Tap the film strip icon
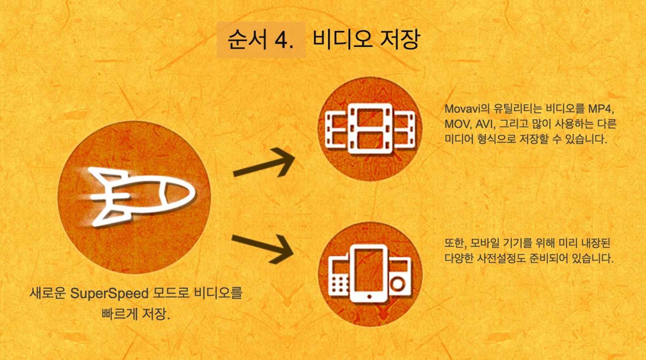[370, 128]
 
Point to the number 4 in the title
[284, 40]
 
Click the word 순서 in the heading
[247, 40]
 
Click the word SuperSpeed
[109, 293]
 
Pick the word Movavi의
[467, 109]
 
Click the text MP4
[601, 109]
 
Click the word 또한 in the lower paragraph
[455, 243]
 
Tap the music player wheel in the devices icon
[399, 284]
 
